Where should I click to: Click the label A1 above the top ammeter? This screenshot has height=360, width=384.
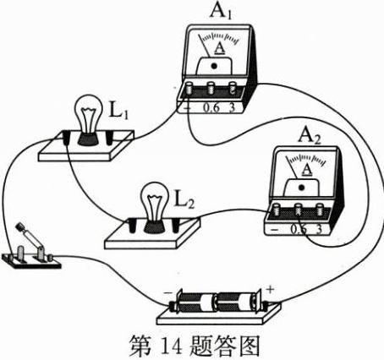click(221, 11)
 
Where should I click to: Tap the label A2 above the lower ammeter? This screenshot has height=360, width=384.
click(310, 136)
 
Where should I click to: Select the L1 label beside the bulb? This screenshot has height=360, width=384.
click(118, 111)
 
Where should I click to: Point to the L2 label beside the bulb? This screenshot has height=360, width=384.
click(184, 199)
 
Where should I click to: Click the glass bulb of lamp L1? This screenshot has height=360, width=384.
click(88, 114)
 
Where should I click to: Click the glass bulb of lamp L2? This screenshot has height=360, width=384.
click(155, 201)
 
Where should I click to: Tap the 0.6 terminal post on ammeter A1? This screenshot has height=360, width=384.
click(211, 88)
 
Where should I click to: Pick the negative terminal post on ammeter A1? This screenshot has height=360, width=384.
click(189, 88)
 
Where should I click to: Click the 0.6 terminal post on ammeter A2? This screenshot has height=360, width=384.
click(298, 210)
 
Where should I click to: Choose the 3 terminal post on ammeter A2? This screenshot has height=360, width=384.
click(320, 210)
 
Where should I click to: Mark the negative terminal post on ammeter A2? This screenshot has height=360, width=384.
click(277, 210)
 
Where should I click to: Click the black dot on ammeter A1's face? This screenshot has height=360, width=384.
click(214, 66)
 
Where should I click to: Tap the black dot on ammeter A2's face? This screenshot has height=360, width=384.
click(301, 188)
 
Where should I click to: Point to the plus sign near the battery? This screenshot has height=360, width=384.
click(270, 289)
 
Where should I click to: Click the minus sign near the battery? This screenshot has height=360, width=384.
click(167, 293)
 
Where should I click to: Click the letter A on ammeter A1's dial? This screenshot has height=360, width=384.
click(220, 48)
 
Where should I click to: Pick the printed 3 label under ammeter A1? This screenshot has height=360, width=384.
click(232, 107)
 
